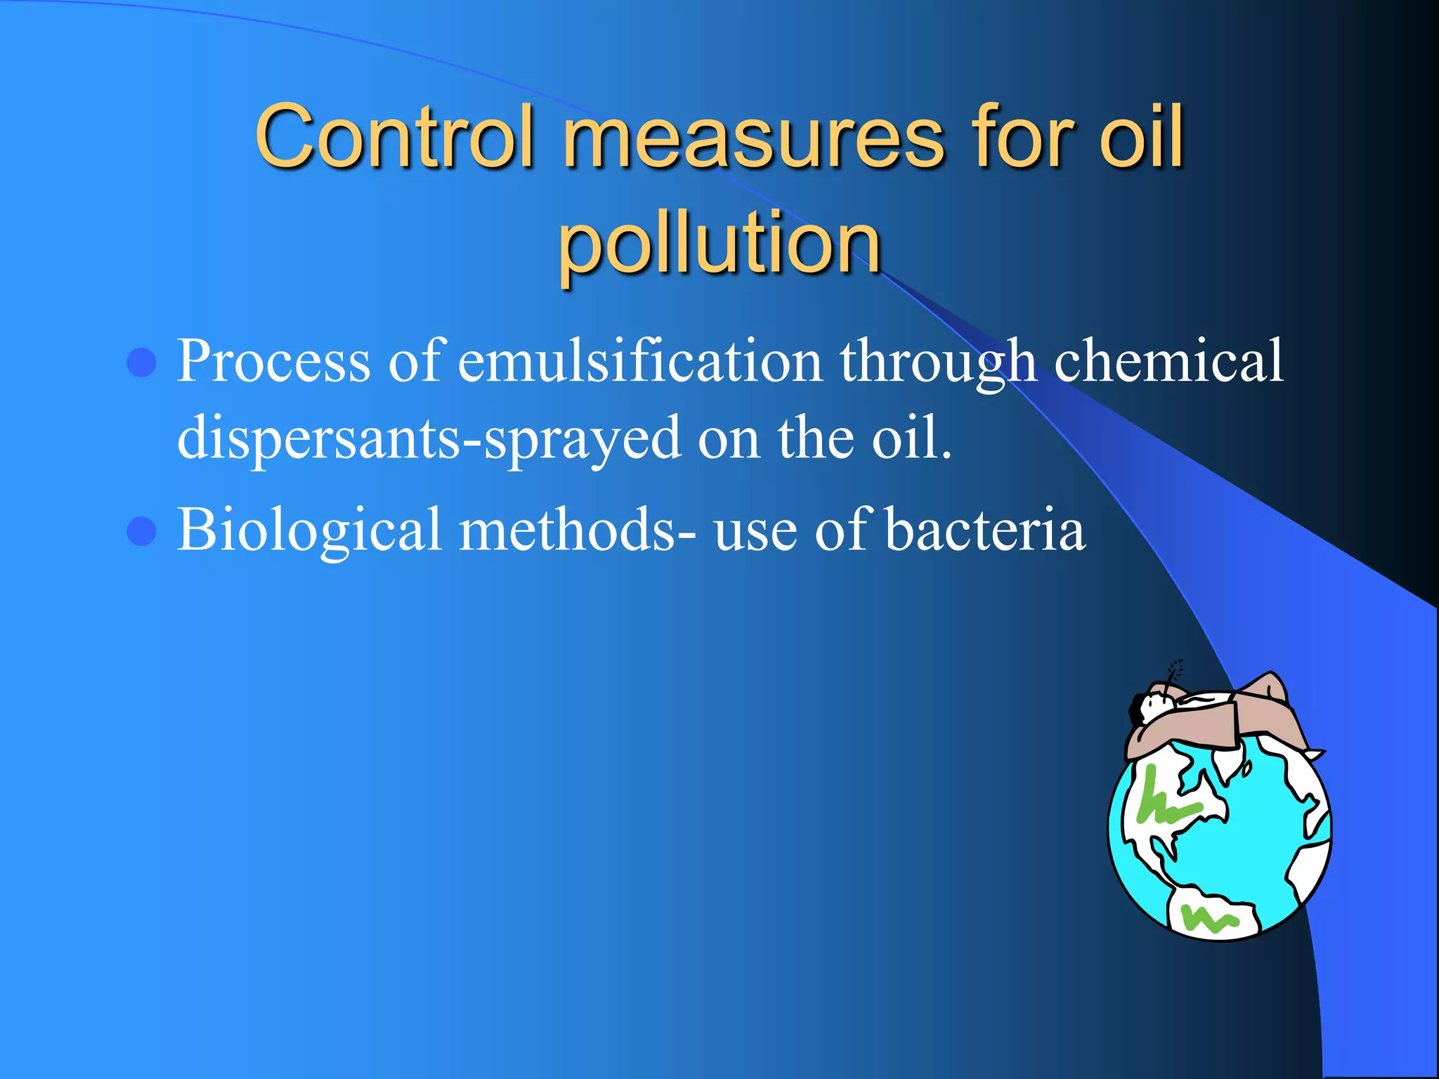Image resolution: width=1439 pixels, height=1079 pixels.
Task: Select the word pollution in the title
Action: tap(719, 243)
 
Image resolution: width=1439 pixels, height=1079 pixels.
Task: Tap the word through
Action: tap(938, 362)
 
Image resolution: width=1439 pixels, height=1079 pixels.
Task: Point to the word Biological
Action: tap(309, 530)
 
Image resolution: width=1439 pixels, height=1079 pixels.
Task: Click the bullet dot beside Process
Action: tap(142, 362)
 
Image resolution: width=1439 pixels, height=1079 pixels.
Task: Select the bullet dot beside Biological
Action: tap(142, 531)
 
